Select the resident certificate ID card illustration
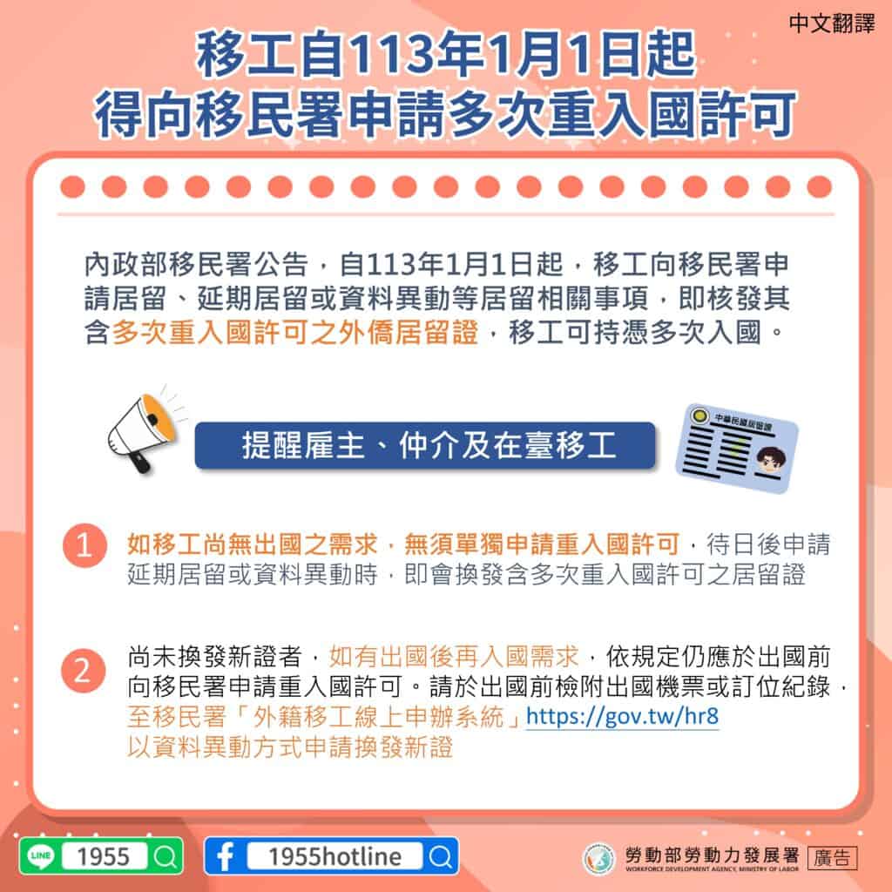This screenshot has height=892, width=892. (737, 448)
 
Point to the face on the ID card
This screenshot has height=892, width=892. (767, 459)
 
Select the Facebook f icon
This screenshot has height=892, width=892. (225, 856)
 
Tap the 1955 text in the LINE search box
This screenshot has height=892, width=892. (104, 856)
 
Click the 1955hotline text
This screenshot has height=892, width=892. (335, 856)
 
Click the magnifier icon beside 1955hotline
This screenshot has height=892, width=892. (441, 856)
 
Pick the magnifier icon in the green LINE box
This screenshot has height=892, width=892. (164, 856)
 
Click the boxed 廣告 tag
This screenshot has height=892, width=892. (832, 857)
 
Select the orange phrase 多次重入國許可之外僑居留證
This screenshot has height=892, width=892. (295, 333)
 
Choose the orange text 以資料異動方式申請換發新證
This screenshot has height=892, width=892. (290, 747)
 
